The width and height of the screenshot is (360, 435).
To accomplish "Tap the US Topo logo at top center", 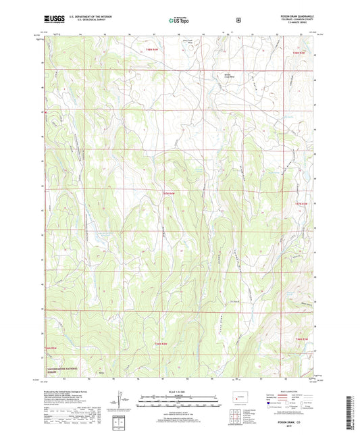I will pyautogui.click(x=179, y=20).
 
